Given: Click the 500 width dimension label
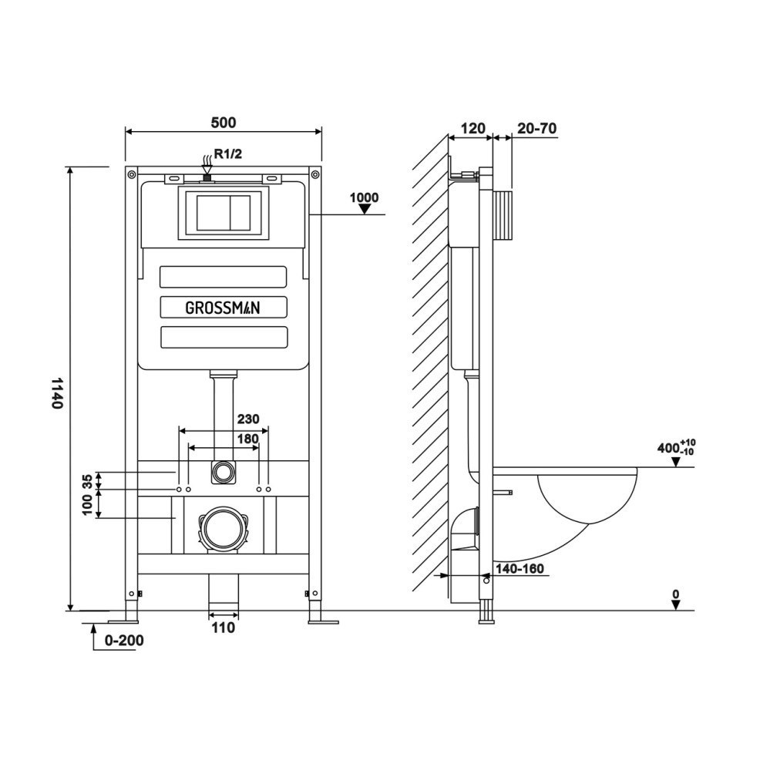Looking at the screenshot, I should click(x=224, y=122).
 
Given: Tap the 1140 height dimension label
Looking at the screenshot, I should click(x=55, y=392).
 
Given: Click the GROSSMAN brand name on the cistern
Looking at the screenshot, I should click(x=223, y=308).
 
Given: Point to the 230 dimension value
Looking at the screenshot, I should click(x=248, y=419).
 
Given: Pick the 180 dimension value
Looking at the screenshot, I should click(x=248, y=439).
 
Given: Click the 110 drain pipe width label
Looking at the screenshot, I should click(x=223, y=628).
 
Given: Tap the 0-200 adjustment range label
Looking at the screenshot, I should click(x=123, y=640).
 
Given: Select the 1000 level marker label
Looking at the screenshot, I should click(x=364, y=197).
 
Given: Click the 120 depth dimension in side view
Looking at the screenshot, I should click(x=470, y=128).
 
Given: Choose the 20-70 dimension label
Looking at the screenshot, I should click(x=536, y=128).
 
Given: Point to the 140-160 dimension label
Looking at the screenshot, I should click(x=520, y=569).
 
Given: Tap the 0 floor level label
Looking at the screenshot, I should click(x=675, y=594).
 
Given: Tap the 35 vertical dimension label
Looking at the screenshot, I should click(x=87, y=482).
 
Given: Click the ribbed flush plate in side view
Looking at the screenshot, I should click(x=502, y=217).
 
